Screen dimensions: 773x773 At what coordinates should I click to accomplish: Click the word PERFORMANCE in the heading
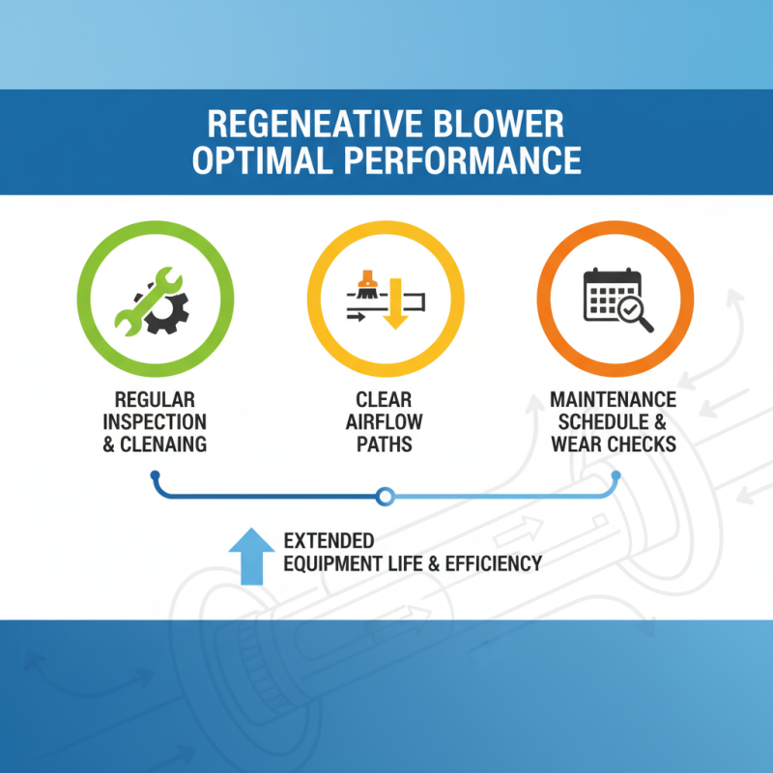point(464,159)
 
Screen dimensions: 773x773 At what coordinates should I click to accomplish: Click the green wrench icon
point(140,300)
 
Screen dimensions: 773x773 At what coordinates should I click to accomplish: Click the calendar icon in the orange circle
point(610,292)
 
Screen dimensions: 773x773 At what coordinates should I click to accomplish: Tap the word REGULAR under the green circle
point(154,400)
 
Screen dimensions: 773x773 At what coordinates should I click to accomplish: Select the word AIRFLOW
point(385,423)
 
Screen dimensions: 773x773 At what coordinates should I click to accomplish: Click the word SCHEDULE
point(605,422)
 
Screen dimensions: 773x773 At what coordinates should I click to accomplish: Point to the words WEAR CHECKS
point(613,445)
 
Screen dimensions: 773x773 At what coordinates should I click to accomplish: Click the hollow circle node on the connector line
point(385,497)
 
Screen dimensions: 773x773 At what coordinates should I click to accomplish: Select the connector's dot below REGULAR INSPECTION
point(154,474)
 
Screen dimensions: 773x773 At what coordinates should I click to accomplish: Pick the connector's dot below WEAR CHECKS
point(616,474)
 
